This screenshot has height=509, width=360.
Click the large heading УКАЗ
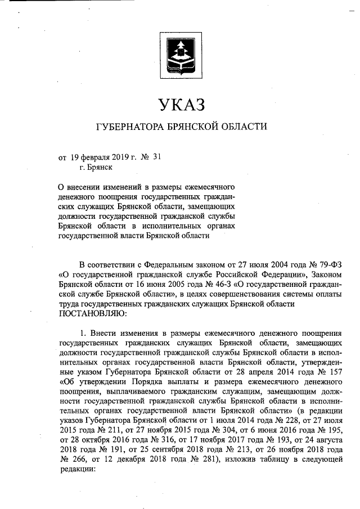(x=179, y=105)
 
